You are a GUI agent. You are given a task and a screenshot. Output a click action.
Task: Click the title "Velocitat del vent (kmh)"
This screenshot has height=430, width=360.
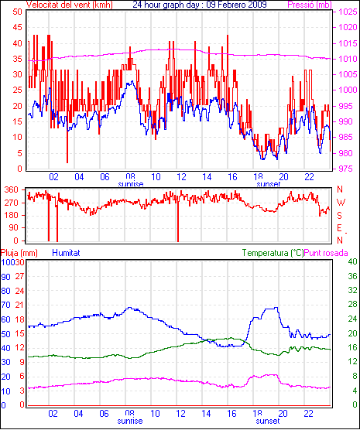(69, 5)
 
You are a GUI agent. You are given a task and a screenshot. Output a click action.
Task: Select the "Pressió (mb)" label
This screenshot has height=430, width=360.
(310, 5)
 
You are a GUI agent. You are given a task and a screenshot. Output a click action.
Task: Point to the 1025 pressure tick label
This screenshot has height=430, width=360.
(348, 12)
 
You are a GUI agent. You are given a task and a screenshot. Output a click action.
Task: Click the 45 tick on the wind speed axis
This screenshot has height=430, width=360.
(17, 27)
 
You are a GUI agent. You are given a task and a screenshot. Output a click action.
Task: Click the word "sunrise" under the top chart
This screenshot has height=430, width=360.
(131, 184)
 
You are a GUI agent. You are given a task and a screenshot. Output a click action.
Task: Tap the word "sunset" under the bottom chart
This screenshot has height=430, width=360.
(268, 421)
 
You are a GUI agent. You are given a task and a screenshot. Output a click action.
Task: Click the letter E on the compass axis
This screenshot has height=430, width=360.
(339, 228)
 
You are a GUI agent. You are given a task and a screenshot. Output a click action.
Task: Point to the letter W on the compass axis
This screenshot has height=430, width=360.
(341, 203)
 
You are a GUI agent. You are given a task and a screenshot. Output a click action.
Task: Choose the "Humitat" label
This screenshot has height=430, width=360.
(66, 253)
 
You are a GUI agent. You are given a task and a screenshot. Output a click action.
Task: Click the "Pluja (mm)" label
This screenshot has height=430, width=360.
(19, 253)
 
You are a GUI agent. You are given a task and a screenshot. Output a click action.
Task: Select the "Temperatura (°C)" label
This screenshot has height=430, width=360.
(273, 253)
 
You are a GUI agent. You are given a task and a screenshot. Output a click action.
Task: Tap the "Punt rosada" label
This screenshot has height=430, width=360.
(326, 253)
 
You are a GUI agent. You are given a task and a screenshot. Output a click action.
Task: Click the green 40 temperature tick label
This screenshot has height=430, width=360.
(352, 262)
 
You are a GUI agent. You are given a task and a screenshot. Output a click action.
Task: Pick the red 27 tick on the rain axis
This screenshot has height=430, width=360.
(20, 276)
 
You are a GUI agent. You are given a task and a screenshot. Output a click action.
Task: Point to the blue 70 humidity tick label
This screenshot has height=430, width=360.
(5, 305)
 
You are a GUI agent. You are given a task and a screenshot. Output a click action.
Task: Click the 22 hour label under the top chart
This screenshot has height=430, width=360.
(309, 177)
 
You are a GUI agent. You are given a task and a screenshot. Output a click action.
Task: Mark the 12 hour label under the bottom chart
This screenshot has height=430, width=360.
(180, 414)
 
